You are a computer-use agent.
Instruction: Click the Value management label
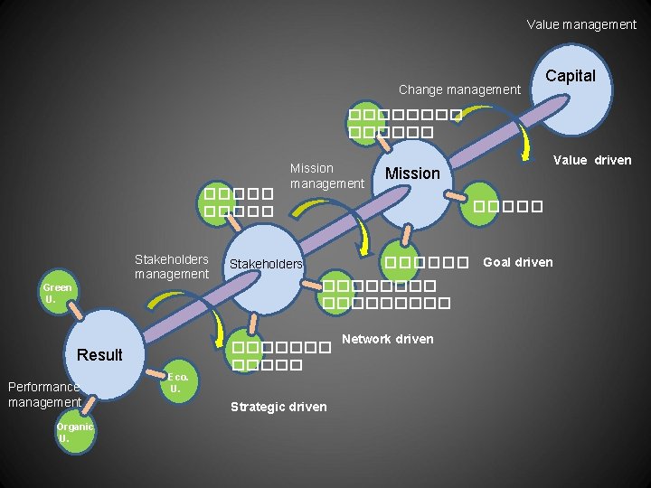click(581, 24)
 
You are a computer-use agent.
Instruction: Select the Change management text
click(459, 89)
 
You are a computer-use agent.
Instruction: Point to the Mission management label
click(326, 176)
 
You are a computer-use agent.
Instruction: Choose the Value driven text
click(592, 160)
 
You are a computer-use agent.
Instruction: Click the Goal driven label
click(517, 262)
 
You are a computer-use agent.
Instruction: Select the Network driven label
click(387, 339)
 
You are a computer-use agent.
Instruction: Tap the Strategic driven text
click(278, 407)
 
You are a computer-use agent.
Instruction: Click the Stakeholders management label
click(172, 267)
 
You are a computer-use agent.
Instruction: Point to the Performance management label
click(44, 394)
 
